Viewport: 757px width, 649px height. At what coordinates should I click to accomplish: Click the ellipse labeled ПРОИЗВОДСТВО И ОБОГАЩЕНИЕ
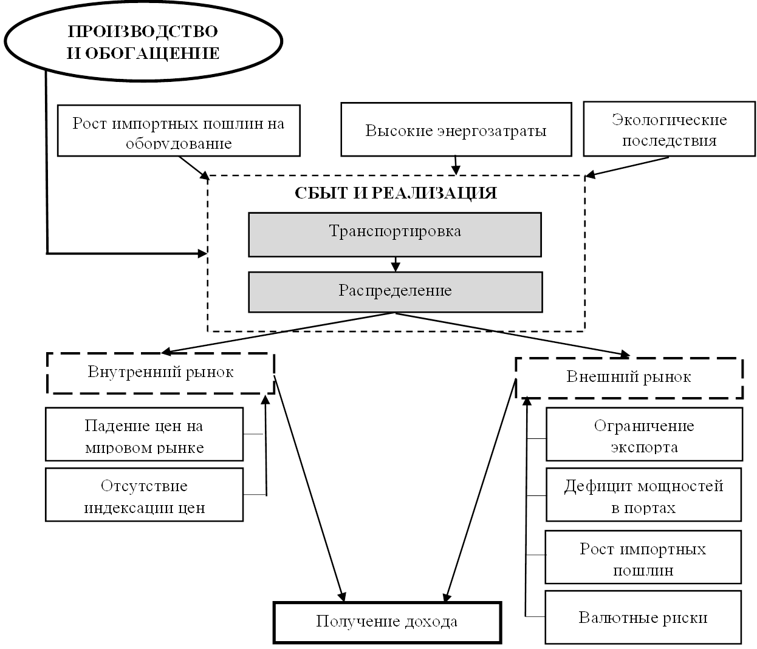pos(143,41)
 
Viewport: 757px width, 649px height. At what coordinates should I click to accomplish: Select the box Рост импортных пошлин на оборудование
pos(179,131)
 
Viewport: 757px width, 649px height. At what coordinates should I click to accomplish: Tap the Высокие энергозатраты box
pos(456,129)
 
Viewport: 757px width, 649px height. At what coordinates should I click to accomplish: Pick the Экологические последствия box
pos(669,129)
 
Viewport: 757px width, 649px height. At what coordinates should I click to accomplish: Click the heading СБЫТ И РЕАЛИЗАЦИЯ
pos(396,193)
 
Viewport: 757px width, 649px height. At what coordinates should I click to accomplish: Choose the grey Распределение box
pos(395,291)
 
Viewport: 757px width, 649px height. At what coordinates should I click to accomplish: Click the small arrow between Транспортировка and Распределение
pos(396,264)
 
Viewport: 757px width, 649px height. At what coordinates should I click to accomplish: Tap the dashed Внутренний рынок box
pos(161,372)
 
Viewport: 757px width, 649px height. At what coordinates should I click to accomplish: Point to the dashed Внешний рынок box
pos(629,377)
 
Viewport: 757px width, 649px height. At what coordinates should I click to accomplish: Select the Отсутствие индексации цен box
pos(145,494)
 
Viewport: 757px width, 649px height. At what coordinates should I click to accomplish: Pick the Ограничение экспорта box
pos(644,434)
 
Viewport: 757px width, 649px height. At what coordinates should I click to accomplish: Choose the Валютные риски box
pos(643,617)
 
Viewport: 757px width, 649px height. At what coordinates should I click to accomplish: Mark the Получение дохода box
pos(388,622)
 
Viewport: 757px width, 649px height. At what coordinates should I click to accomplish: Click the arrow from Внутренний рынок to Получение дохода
pos(310,486)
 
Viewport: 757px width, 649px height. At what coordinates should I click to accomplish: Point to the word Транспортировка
pos(395,231)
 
